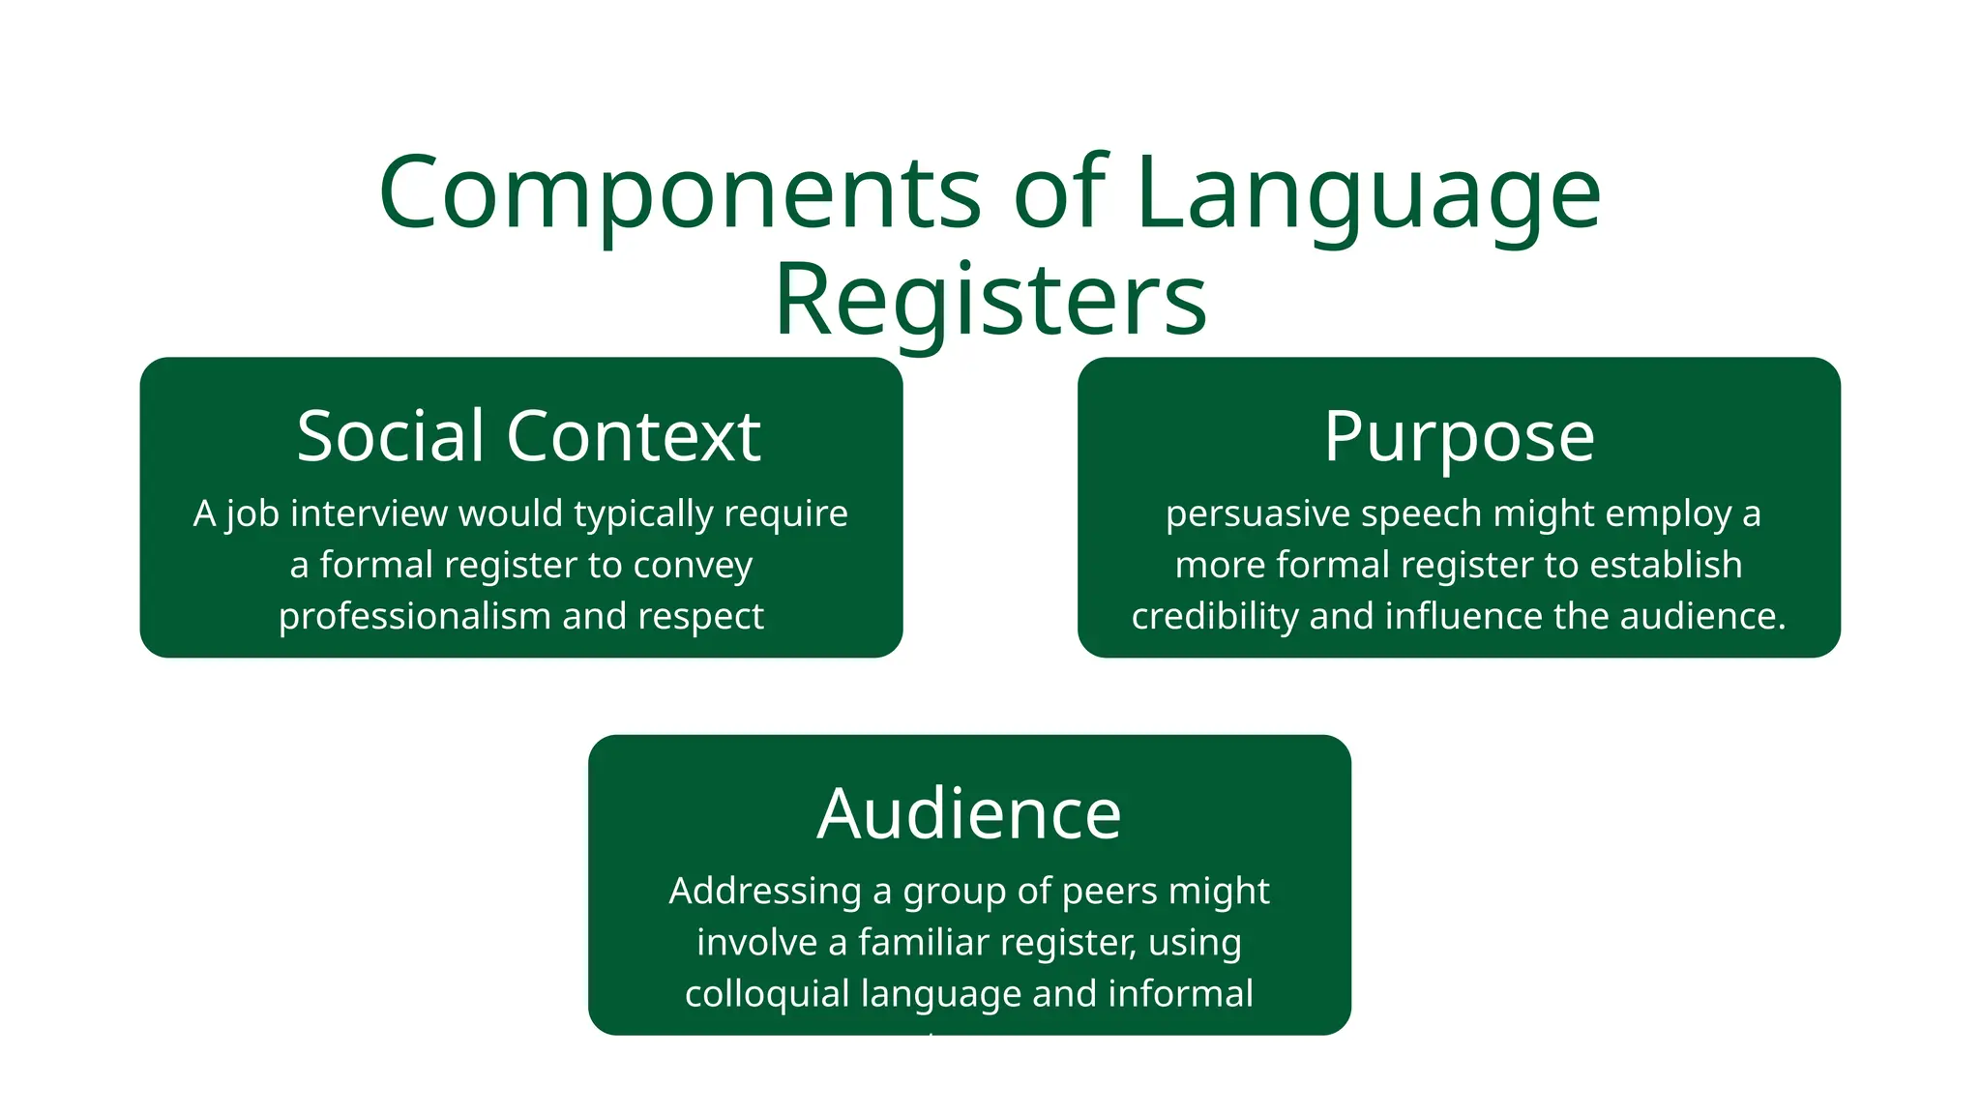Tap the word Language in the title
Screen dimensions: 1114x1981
1369,193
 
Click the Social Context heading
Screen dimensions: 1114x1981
528,436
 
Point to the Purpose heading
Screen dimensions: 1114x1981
1459,436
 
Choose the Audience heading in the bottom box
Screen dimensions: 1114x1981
969,813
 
